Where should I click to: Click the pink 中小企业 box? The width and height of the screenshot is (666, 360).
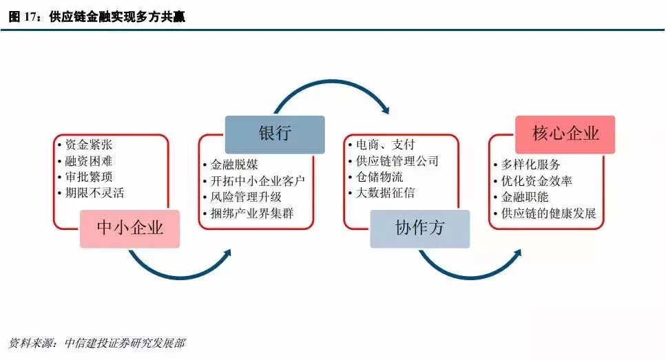coord(129,228)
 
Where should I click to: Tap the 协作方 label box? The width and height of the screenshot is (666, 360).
coord(419,229)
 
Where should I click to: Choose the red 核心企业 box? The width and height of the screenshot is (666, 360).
coord(565,134)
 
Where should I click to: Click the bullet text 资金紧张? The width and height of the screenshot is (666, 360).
coord(89,145)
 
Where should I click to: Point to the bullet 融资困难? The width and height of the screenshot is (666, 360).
coord(89,161)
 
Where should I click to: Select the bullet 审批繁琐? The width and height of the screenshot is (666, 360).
coord(89,177)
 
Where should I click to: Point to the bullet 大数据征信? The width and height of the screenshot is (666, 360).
coord(385,193)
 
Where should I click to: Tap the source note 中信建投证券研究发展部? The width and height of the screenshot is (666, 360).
coord(124,343)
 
